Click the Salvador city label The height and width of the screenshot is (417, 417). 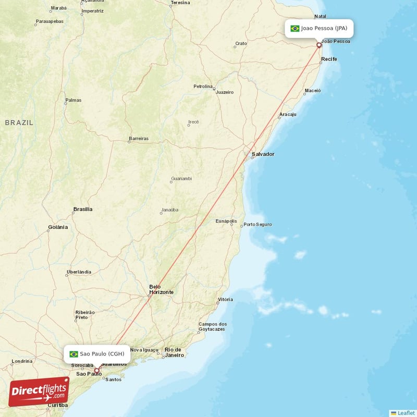[263, 154]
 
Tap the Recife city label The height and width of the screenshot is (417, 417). [329, 59]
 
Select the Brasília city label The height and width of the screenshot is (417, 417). [83, 209]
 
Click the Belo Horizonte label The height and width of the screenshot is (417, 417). [161, 289]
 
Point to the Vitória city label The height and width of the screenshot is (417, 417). [225, 300]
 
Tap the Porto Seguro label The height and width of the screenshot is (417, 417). [257, 225]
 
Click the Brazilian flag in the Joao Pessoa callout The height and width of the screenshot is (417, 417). [295, 28]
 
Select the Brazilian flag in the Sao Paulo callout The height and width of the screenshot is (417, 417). [73, 354]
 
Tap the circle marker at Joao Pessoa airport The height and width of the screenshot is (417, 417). [319, 45]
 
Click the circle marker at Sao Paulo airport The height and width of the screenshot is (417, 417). [96, 371]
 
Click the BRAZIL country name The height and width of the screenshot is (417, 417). [19, 122]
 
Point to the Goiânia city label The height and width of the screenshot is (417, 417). [58, 227]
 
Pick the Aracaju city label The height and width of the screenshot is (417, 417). [288, 114]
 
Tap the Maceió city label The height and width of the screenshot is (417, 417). [313, 90]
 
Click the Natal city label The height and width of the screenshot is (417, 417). [321, 16]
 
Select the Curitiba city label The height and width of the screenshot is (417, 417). [57, 405]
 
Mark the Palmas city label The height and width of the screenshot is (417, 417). [73, 100]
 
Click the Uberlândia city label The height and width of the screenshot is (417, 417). [79, 272]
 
